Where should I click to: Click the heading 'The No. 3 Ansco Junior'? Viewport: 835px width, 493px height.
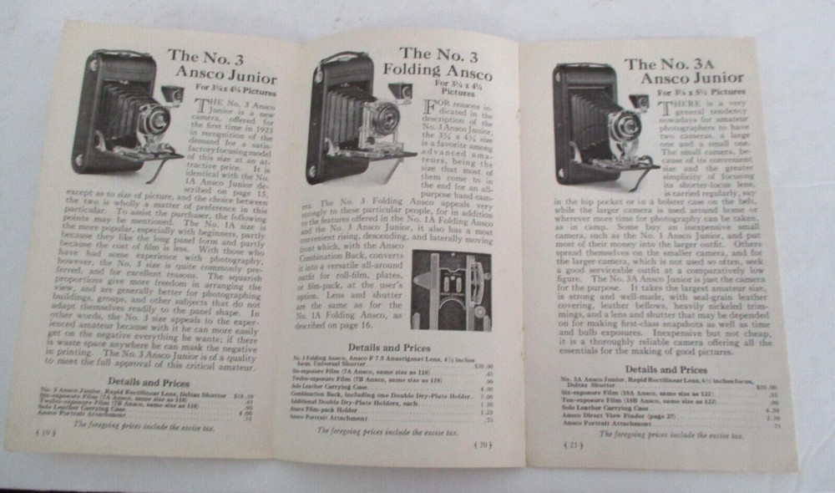[x=222, y=69]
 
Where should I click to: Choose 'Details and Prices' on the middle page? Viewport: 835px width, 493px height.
[x=391, y=347]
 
